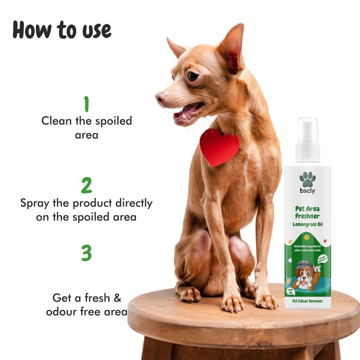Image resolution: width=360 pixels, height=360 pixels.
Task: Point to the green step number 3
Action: [86, 253]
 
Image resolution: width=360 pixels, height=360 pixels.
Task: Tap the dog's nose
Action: [161, 96]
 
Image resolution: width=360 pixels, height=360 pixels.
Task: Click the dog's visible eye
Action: [193, 76]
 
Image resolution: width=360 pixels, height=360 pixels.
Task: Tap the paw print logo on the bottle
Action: [308, 179]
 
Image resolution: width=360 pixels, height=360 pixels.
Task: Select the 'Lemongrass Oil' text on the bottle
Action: [308, 224]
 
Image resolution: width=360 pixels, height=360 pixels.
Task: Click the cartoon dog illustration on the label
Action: [306, 276]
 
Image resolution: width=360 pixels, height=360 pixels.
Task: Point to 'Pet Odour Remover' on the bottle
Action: [308, 301]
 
